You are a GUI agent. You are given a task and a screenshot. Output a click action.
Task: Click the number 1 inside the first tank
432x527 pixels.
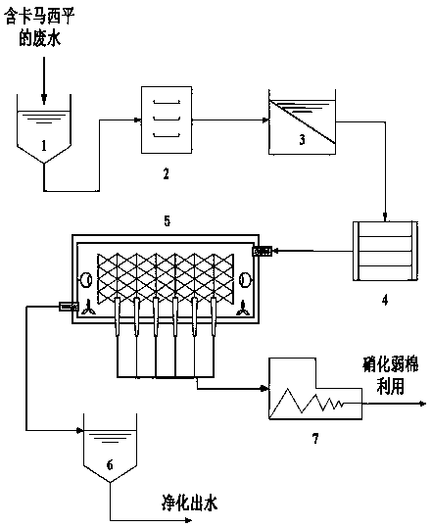44,146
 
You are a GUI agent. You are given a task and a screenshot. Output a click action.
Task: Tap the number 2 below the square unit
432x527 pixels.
167,174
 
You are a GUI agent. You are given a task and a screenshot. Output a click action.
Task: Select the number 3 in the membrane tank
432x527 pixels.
303,139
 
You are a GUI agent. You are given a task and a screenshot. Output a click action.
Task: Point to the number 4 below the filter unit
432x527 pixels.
385,299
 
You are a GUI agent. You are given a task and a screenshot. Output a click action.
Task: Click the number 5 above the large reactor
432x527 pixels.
168,221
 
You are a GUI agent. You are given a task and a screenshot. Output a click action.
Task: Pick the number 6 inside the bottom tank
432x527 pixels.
110,465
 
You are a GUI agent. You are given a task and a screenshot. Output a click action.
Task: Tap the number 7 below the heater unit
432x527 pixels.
315,439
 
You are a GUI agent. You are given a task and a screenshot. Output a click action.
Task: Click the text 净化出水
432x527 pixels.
190,503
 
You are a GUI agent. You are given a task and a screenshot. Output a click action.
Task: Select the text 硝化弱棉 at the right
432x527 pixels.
390,364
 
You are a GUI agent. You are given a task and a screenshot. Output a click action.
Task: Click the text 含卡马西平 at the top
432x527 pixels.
39,17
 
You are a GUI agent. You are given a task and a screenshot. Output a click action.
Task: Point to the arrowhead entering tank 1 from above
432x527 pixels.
44,100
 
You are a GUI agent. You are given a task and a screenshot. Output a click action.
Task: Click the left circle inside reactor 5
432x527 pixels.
86,279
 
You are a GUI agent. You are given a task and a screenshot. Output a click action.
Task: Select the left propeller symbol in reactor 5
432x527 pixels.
88,309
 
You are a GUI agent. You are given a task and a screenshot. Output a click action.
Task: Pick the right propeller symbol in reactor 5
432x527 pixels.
243,309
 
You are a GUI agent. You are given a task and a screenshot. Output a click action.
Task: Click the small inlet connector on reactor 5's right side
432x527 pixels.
262,251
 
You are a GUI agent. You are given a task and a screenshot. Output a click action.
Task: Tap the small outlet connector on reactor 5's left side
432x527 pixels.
69,307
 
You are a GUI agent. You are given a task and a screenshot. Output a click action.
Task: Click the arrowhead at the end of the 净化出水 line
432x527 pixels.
188,520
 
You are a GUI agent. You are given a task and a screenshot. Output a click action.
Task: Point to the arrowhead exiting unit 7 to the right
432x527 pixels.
422,404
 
